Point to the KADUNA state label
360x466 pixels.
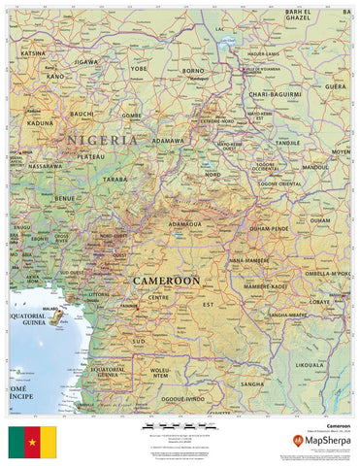pyautogui.click(x=40, y=123)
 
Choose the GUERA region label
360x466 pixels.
pyautogui.click(x=335, y=85)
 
